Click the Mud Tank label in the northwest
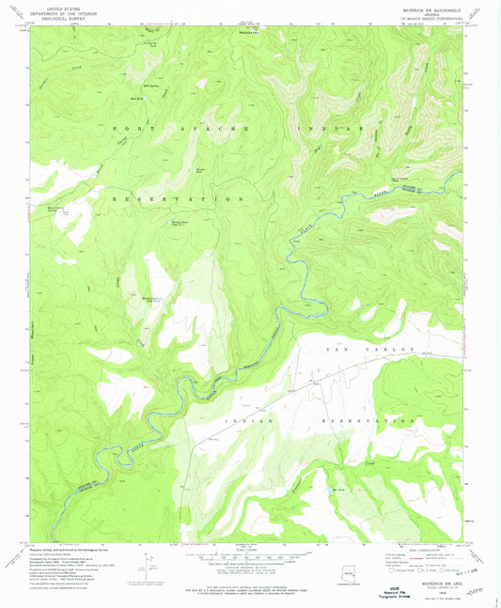click(x=136, y=97)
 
